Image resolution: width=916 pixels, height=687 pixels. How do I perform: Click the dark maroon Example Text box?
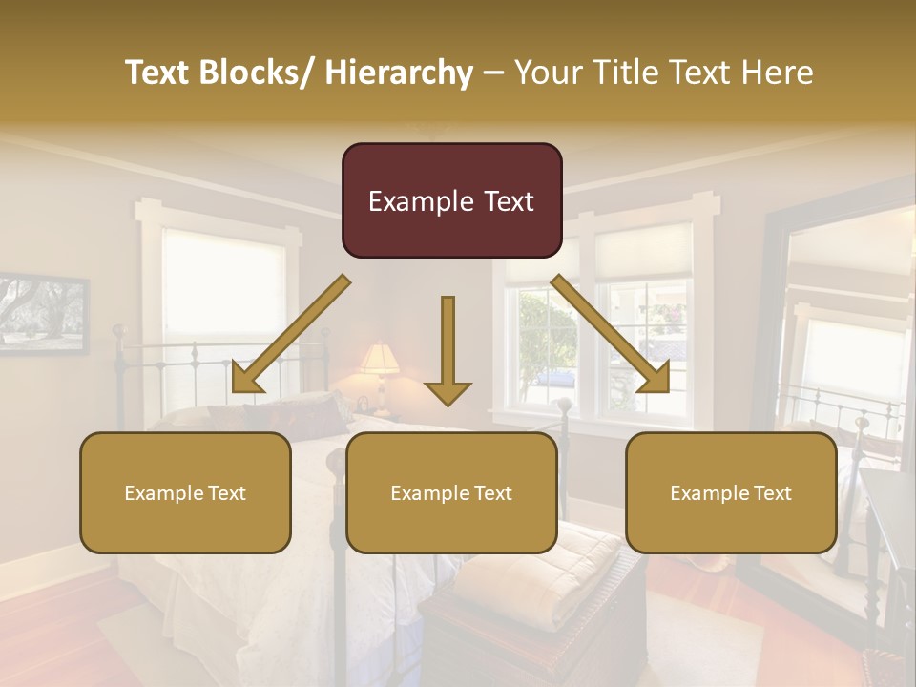451,200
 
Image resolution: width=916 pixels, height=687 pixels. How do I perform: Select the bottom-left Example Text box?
185,492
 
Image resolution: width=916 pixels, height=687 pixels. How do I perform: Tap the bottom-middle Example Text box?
451,492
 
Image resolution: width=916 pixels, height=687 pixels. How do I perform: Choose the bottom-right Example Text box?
731,492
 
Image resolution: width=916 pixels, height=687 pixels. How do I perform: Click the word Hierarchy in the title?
399,73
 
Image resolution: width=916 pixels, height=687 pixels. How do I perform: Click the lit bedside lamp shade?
379,360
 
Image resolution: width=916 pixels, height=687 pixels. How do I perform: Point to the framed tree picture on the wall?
43,312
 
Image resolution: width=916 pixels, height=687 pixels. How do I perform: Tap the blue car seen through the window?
554,376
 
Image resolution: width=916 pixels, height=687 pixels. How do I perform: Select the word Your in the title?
548,73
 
